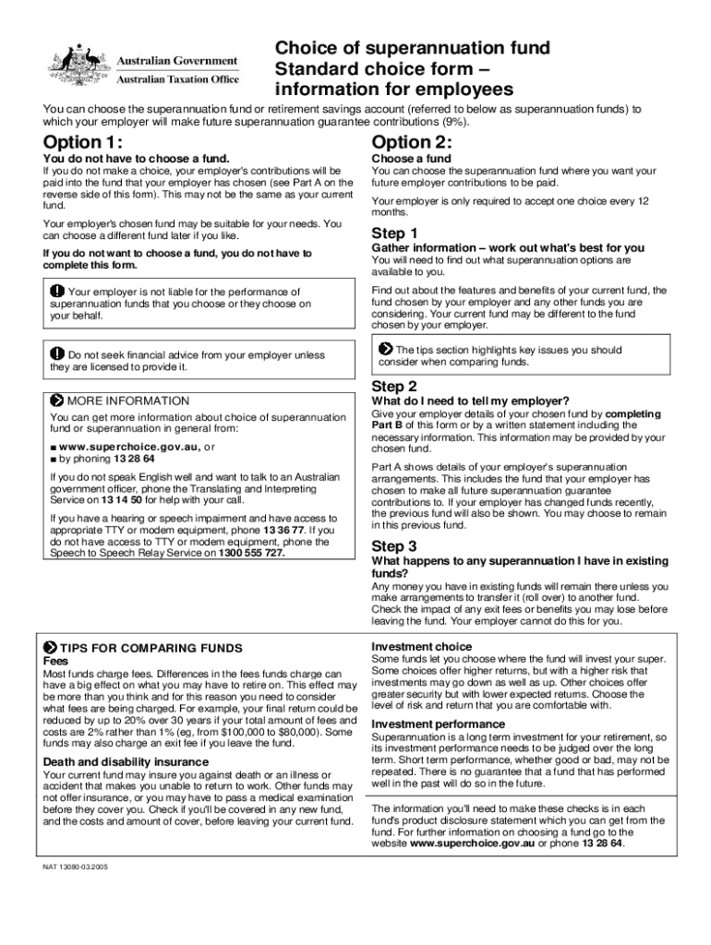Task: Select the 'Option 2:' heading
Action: [x=412, y=142]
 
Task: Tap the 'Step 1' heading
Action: [x=394, y=233]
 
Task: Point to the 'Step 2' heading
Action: [x=394, y=387]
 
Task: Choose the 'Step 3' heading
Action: [x=394, y=545]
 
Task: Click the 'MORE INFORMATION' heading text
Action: [x=128, y=401]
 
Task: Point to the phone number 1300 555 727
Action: [x=251, y=553]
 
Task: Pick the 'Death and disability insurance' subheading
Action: [x=126, y=761]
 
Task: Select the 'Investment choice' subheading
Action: [x=421, y=646]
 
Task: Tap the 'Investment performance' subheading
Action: [x=439, y=724]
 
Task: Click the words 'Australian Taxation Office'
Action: [x=176, y=80]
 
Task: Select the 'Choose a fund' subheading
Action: [x=411, y=159]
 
